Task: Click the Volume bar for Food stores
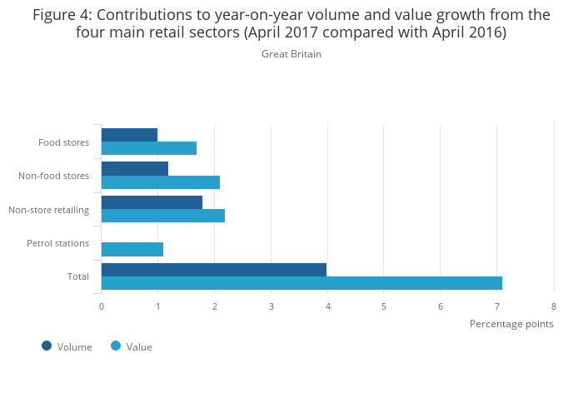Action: tap(129, 135)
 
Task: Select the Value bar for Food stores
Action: tap(149, 148)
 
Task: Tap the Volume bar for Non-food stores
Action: tap(135, 168)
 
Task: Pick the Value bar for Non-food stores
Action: tap(161, 182)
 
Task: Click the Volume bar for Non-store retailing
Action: tap(152, 202)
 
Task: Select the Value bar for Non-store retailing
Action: tap(163, 216)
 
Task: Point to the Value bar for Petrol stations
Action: tap(132, 249)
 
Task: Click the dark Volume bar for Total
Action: tap(214, 269)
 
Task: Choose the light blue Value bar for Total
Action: tap(301, 283)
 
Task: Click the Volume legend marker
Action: tap(47, 346)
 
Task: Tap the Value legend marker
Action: tap(116, 346)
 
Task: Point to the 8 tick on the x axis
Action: tap(554, 306)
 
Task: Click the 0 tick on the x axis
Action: tap(102, 306)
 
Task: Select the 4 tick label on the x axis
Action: tap(328, 306)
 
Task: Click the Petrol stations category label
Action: tap(57, 243)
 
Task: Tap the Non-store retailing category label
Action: tap(48, 210)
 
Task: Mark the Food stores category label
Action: tap(63, 142)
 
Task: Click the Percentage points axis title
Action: tap(511, 323)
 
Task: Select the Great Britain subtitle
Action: tap(291, 54)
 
